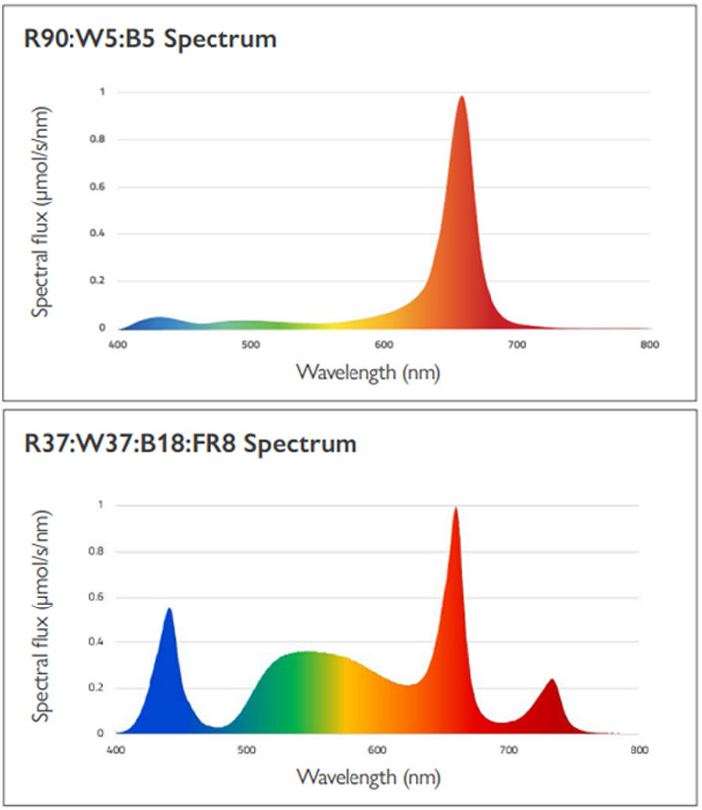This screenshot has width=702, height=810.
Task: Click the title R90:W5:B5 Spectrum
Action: point(150,40)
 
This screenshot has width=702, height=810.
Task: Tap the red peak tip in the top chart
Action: point(461,98)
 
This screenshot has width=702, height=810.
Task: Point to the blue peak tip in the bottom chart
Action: point(169,610)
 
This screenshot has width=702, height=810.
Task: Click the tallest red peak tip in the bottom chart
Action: point(456,510)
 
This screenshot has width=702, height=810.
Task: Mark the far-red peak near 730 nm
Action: point(552,681)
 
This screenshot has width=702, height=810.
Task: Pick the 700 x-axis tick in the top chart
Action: point(516,345)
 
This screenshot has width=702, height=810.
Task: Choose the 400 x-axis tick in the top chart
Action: point(117,345)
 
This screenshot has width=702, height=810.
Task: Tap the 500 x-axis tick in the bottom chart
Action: point(247,750)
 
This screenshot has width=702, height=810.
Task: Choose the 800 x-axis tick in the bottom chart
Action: point(639,750)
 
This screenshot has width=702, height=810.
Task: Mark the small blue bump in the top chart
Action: point(159,320)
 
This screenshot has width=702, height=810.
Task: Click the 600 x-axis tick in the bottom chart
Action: point(377,750)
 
